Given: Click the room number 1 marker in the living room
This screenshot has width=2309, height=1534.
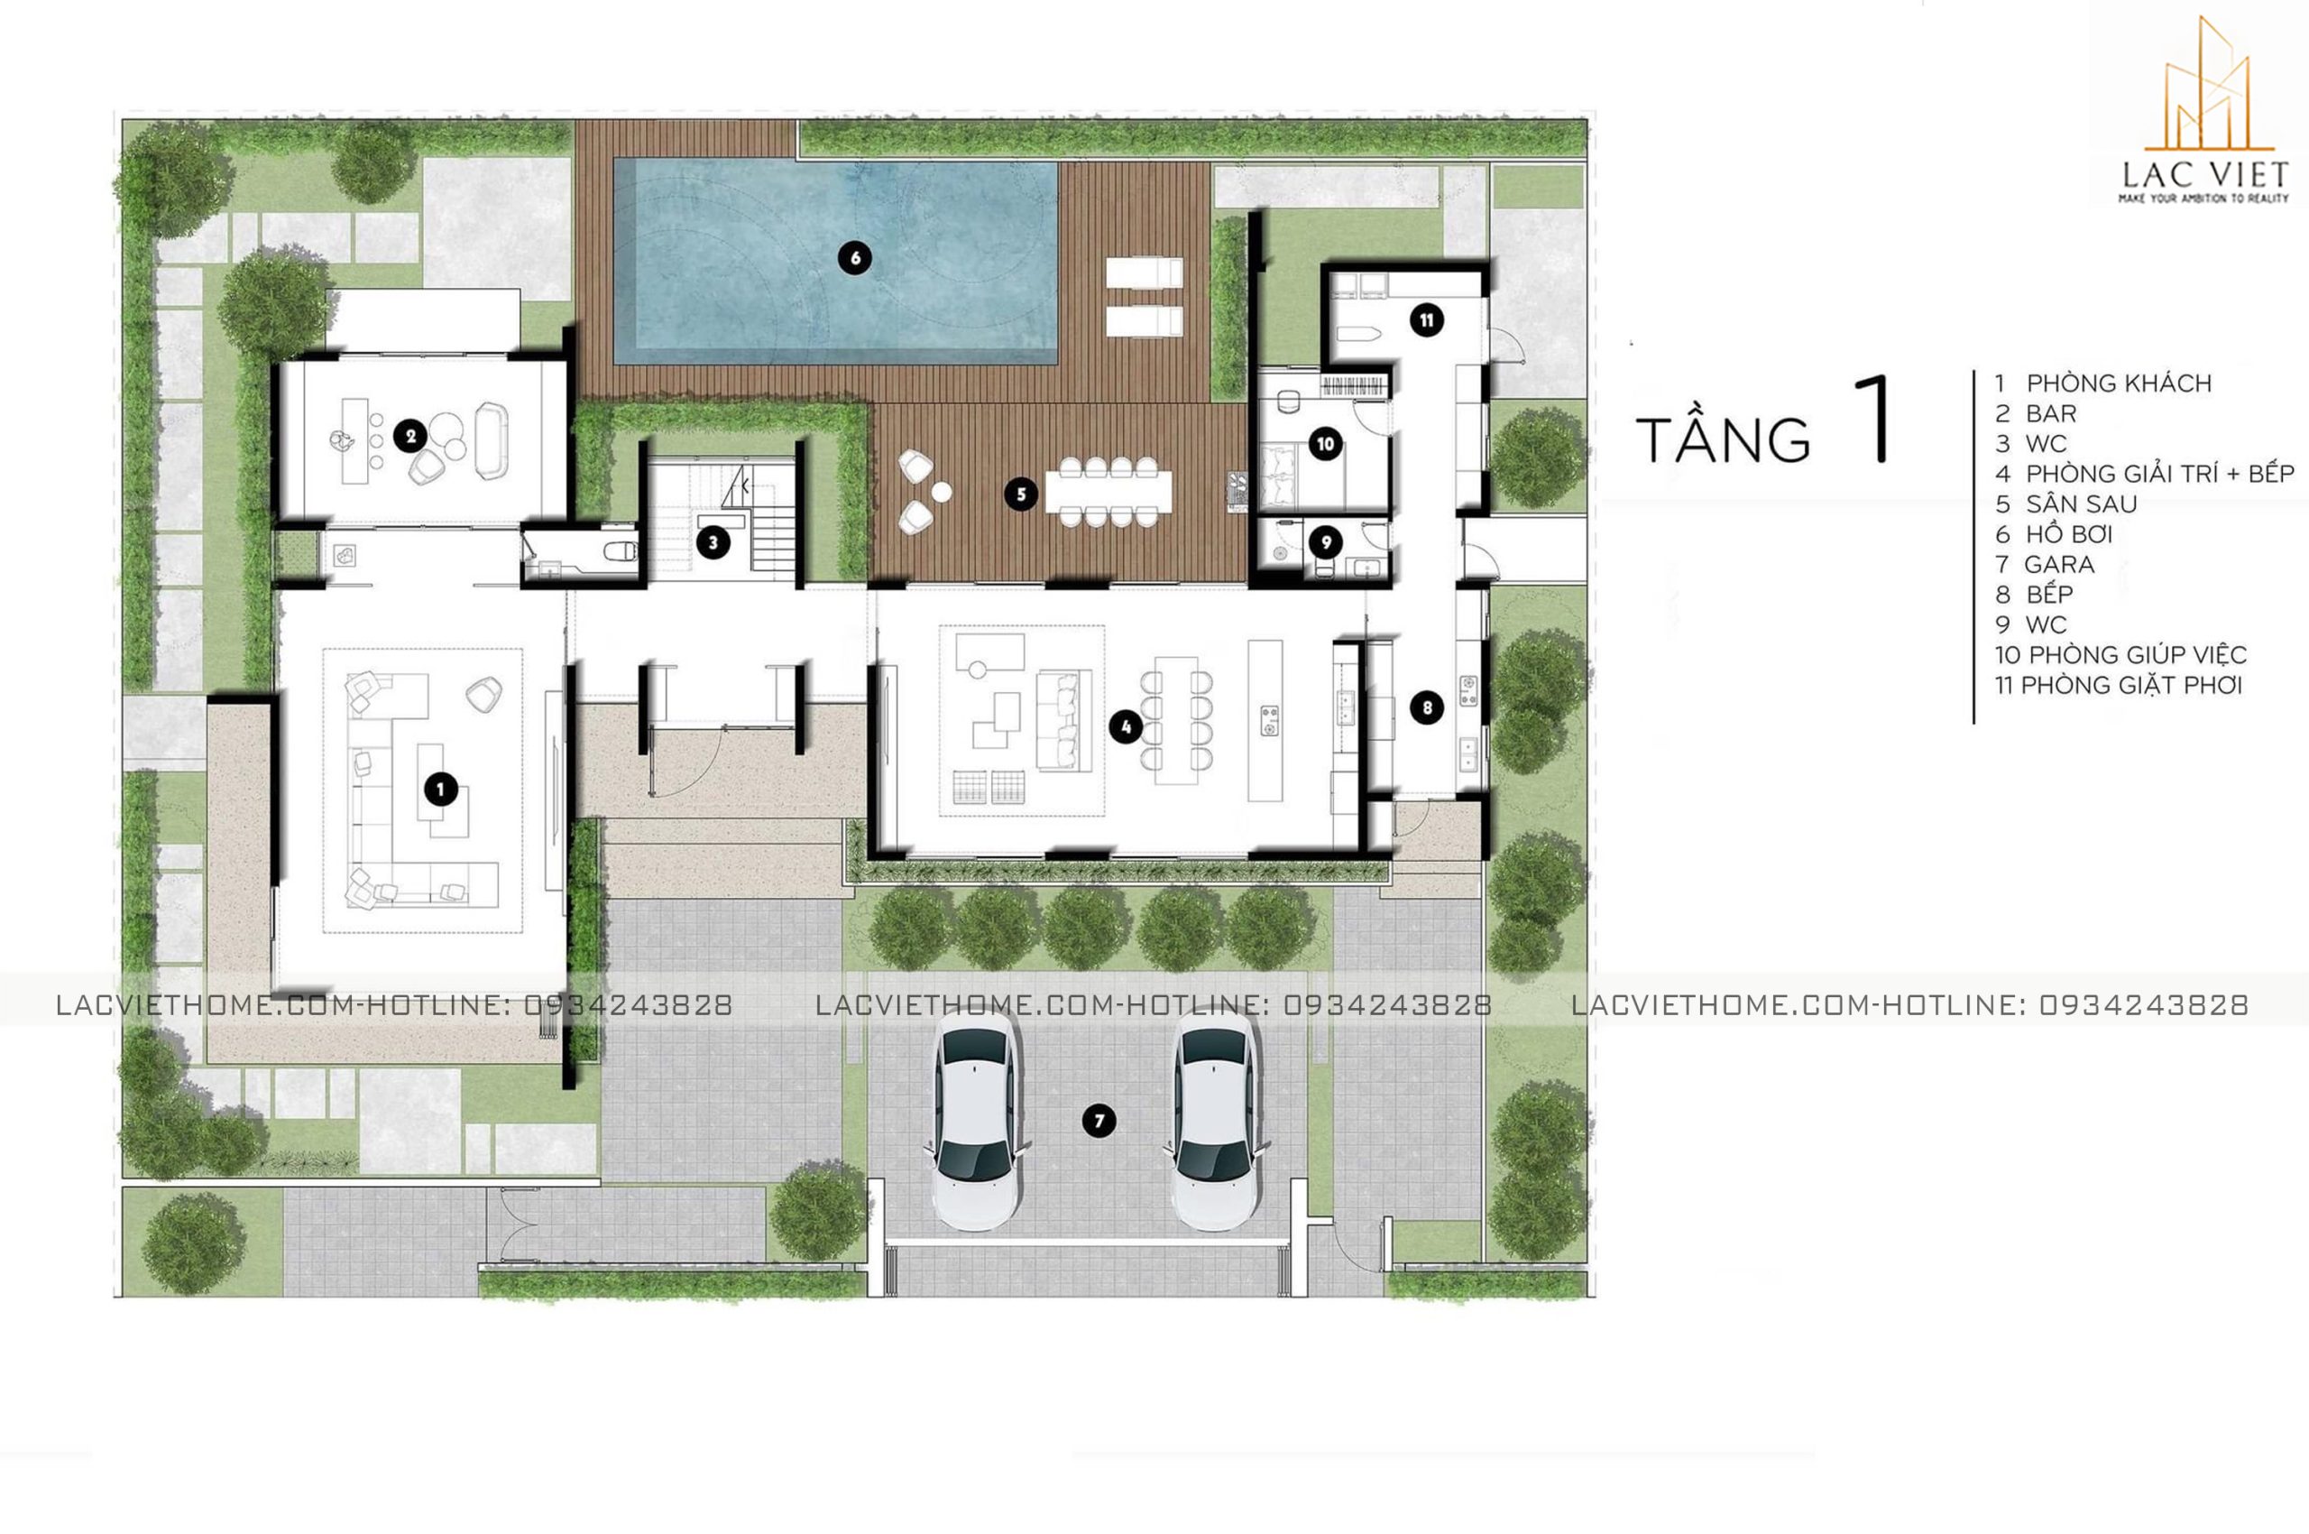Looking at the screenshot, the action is [441, 789].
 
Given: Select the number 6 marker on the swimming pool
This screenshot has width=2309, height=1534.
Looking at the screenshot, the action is [855, 258].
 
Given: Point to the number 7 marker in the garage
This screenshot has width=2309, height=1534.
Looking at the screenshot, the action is [1099, 1121].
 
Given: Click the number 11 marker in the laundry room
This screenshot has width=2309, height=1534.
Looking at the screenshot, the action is [1427, 320].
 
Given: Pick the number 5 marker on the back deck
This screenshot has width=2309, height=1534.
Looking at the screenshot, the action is [1021, 494].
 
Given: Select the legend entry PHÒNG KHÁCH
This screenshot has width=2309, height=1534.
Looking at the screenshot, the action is [2119, 383].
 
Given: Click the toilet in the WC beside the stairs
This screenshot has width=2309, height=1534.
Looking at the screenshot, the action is [620, 551].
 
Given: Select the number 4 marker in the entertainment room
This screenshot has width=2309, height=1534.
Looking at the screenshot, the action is [1127, 727].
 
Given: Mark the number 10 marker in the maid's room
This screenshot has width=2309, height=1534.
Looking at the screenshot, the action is [1325, 445].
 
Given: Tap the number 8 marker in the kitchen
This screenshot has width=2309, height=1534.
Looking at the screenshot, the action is [1427, 707].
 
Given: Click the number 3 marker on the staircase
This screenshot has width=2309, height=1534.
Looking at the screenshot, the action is [713, 542].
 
